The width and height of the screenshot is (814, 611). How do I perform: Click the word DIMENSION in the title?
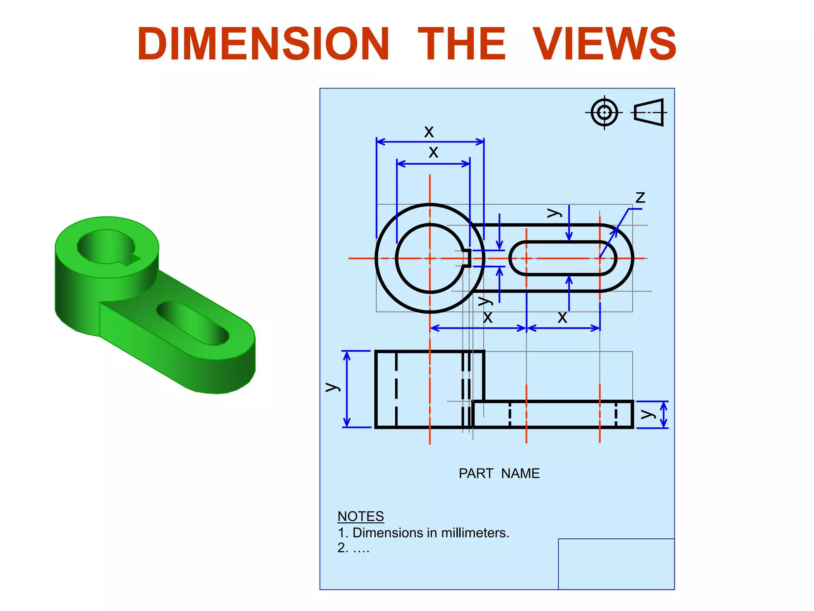pos(263,44)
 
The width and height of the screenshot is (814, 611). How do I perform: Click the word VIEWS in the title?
pos(604,44)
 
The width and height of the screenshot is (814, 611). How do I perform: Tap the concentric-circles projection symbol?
pos(604,113)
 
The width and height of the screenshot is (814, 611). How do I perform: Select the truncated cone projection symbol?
pos(649,113)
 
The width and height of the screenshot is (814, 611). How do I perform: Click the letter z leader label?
pos(640,197)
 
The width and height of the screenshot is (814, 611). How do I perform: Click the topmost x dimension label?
pos(429,131)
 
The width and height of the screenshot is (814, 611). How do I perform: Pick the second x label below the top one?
pos(433,152)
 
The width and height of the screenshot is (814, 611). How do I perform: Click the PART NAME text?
pos(499,473)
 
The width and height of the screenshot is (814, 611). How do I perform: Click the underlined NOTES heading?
pos(360,516)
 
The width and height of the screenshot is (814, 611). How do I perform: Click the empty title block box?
pos(616,564)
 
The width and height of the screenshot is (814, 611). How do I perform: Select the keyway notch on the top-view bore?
pos(467,258)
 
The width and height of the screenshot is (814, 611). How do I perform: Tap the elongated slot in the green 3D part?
pos(193,322)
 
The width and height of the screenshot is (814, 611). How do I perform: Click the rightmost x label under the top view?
pos(562,317)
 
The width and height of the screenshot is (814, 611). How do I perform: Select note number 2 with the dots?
pos(353,548)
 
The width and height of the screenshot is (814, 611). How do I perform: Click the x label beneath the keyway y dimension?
pos(488,317)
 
